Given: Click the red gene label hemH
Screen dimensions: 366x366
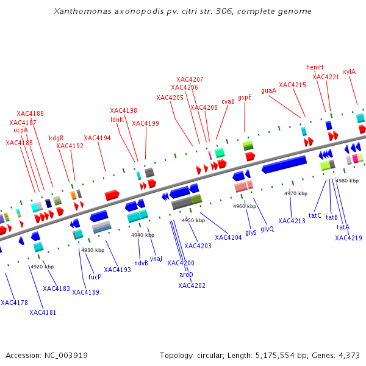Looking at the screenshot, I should pos(315,67).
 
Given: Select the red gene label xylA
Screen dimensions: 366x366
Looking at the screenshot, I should pos(349,71).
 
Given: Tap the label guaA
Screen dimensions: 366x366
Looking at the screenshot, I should pos(268,90).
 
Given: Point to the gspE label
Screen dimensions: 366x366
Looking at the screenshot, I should pos(245,97).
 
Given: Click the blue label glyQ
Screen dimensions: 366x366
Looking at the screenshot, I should pos(267,229).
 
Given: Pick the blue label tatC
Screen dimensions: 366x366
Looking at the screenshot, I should pos(315,215).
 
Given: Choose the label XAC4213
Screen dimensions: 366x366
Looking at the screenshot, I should pos(292,221).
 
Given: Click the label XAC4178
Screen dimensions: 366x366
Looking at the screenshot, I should pos(14,303).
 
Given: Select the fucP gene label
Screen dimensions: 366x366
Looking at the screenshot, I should pos(95,276).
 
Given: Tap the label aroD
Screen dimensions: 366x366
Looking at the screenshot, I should pos(186,274).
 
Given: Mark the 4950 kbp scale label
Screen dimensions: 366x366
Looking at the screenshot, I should pos(193,220).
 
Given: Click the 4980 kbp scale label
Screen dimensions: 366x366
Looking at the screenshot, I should pos(347,181).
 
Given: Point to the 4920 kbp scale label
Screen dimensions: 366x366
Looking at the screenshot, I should pos(42,267).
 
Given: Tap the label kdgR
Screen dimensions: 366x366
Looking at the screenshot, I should pos(56,138).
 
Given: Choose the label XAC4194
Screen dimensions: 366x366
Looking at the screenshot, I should pos(97,138).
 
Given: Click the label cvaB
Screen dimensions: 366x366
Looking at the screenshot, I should pos(228,102).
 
